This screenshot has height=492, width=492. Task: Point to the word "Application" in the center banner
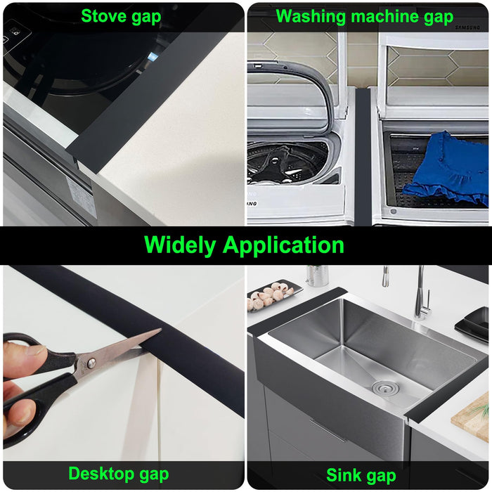pos(284,245)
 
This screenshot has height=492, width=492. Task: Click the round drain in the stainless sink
pos(383,387)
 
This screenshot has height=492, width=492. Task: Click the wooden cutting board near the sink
pos(472,417)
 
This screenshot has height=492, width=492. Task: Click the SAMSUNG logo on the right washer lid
pos(470,28)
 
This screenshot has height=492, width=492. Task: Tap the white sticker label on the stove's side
pos(82,197)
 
